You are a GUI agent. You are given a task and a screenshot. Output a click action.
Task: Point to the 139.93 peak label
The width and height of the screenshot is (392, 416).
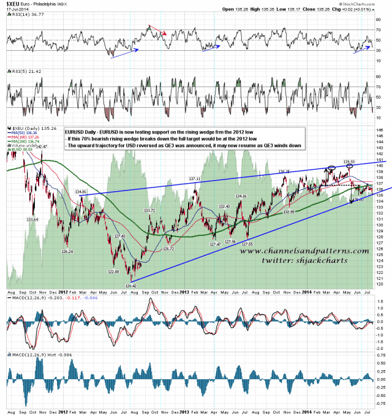click(x=350, y=162)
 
